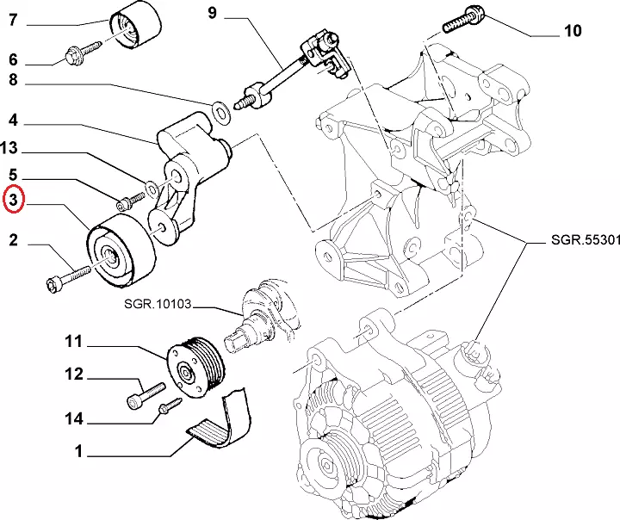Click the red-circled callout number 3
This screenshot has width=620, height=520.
pos(14,200)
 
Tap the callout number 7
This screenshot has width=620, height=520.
pos(13,20)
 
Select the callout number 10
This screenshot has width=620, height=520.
pos(572,30)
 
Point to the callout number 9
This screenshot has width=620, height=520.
pos(213,13)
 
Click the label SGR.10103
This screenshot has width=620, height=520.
pos(158,304)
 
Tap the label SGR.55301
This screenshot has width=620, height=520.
pos(586,239)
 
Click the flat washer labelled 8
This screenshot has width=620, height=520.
pos(220,112)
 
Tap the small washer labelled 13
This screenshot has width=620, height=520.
pos(152,188)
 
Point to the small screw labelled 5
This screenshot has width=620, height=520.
pos(131,201)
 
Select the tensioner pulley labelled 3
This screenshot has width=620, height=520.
pos(121,250)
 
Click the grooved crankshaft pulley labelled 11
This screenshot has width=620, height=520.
pos(196,368)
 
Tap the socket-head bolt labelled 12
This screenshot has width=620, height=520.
pos(146,395)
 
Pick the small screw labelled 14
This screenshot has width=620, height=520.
pos(170,406)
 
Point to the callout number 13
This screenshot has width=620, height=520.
pos(9,148)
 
